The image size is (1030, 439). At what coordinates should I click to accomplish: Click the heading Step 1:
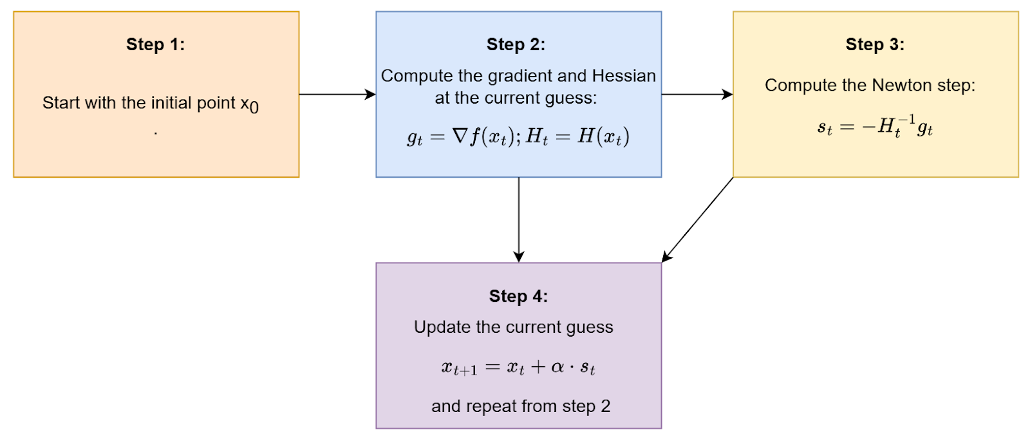point(155,44)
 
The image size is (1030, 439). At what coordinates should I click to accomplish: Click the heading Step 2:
point(516,44)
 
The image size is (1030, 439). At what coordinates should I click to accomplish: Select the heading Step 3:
point(875,44)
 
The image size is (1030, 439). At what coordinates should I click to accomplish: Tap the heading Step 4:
point(519,296)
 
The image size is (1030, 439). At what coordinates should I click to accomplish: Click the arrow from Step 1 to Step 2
point(337,94)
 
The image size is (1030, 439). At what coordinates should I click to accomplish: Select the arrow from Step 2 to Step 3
point(697,94)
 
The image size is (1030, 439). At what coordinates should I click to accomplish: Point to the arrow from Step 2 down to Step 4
point(519,219)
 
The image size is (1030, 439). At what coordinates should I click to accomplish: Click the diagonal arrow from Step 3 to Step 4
point(698,219)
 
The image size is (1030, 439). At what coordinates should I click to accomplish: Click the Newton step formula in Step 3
point(875,126)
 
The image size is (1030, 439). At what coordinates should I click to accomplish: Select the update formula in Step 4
point(518,368)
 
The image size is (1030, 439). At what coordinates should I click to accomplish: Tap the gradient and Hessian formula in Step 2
point(518,136)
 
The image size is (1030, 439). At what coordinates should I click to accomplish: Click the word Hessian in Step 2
point(624,76)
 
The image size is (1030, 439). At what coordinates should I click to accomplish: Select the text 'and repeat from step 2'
point(521,406)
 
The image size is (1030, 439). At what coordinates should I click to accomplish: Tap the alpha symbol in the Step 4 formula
point(557,367)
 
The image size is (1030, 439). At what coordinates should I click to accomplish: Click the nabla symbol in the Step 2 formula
point(460,136)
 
